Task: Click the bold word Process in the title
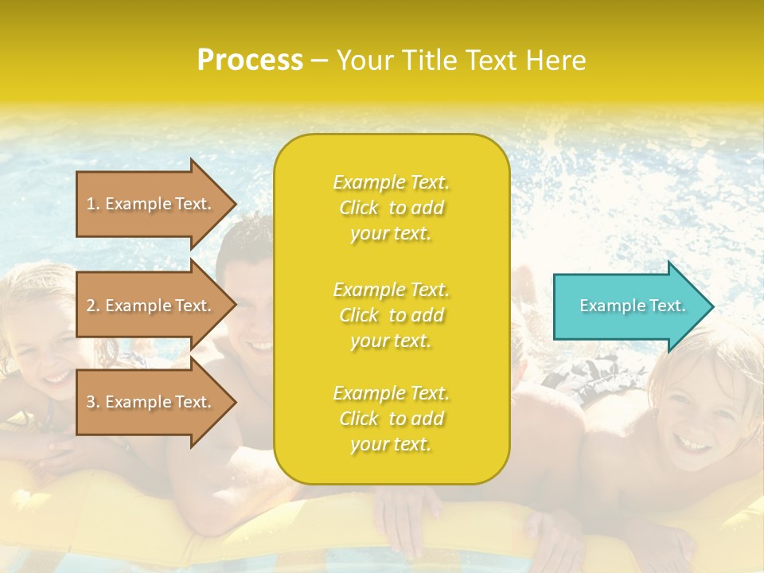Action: coord(250,60)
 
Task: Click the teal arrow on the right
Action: coord(629,306)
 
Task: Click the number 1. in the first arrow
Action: coord(93,204)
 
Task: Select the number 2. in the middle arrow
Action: coord(93,306)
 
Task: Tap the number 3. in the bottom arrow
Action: coord(93,402)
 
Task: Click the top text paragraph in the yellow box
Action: coord(391,208)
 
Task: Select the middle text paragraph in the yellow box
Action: coord(391,315)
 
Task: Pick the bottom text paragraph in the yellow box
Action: coord(391,419)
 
